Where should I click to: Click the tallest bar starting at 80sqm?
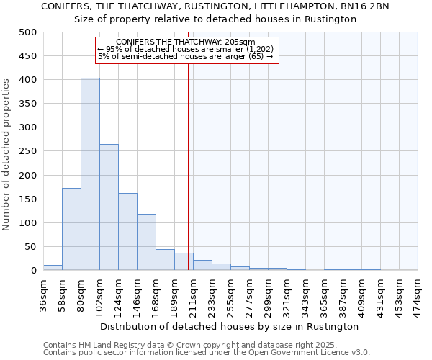coord(90,174)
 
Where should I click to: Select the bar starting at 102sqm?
coord(109,207)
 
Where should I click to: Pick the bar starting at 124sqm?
coord(127,232)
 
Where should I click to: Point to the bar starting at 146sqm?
coord(146,242)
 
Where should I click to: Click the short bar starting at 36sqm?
coord(53,267)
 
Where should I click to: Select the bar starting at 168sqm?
coord(165,260)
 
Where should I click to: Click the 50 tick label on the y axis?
coord(30,247)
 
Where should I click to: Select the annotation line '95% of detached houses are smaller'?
coord(185,49)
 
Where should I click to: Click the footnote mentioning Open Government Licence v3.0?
coord(207,352)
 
